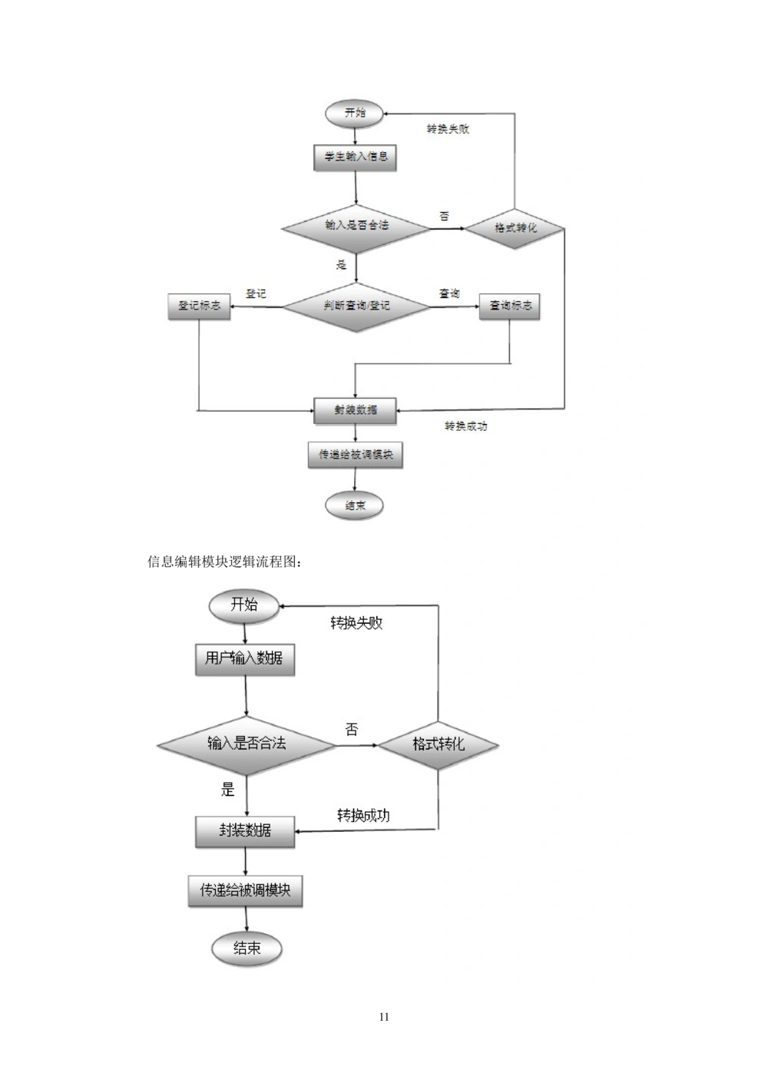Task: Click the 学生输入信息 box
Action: tap(356, 157)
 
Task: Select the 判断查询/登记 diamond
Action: tap(356, 306)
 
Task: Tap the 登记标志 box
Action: tap(199, 306)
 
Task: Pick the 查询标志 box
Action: tap(510, 306)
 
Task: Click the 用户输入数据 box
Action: tap(245, 658)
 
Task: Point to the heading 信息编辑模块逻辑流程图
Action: tap(224, 562)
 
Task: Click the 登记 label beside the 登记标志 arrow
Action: tap(256, 293)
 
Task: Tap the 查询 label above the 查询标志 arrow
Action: tap(449, 293)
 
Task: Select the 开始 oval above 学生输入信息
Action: tap(356, 113)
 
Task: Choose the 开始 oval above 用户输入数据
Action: tap(244, 605)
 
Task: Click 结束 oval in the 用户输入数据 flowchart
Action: tap(247, 949)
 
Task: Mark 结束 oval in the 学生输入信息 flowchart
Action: tap(354, 505)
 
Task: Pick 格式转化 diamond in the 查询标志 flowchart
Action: tap(515, 228)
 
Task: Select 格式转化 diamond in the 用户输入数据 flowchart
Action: tap(439, 744)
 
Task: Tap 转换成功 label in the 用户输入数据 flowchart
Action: tap(363, 815)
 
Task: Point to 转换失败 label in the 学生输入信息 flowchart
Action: tap(448, 129)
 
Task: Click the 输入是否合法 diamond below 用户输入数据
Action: tap(247, 744)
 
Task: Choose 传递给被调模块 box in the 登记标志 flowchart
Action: tap(355, 455)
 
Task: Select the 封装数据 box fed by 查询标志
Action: tap(356, 409)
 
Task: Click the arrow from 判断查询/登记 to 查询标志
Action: tap(454, 307)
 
